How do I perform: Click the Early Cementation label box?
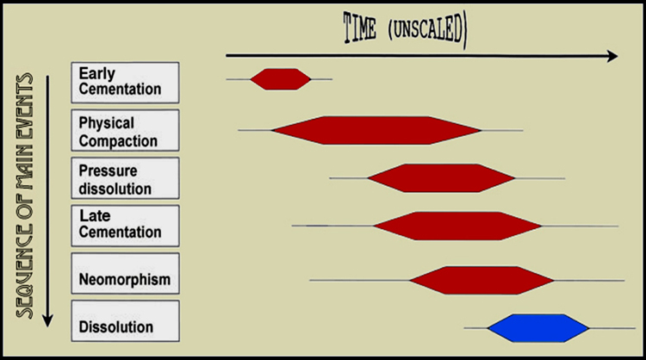(x=125, y=83)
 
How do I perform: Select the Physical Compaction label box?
(x=125, y=130)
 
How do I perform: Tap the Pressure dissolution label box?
(x=125, y=178)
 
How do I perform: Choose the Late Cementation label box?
(x=125, y=226)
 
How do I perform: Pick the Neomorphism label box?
(x=125, y=274)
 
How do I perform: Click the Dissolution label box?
(x=125, y=321)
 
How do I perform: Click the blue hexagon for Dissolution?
(x=538, y=328)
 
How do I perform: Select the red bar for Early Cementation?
(x=281, y=79)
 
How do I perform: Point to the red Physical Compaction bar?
(x=376, y=130)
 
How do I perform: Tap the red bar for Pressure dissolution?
(x=441, y=178)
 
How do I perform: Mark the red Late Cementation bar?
(x=457, y=226)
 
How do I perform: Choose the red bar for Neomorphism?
(x=482, y=280)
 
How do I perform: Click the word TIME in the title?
(x=360, y=28)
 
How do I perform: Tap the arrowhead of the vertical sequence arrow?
(x=47, y=321)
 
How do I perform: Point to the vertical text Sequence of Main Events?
(x=24, y=196)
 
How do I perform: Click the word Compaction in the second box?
(x=118, y=141)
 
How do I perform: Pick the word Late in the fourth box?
(x=95, y=215)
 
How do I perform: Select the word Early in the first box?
(x=96, y=74)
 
